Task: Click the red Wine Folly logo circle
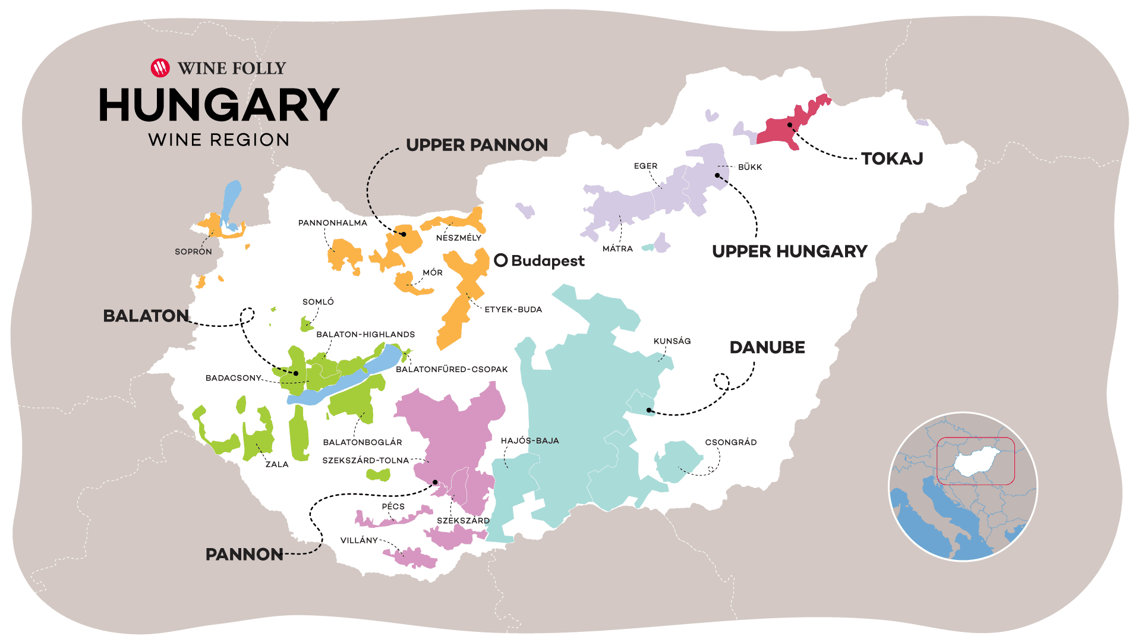[x=160, y=68]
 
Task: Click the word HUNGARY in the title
[x=219, y=105]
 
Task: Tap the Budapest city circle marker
[x=501, y=260]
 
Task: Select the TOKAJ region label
[x=891, y=159]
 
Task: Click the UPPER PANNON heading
[x=477, y=145]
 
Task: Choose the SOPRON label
[x=193, y=251]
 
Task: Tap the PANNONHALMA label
[x=332, y=223]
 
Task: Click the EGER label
[x=645, y=166]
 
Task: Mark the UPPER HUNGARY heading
[x=789, y=251]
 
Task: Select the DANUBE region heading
[x=767, y=348]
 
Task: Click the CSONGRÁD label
[x=730, y=442]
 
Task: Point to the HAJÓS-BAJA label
[x=529, y=440]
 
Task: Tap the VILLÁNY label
[x=359, y=540]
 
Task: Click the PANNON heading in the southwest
[x=244, y=555]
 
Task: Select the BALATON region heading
[x=146, y=316]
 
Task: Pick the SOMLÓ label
[x=318, y=302]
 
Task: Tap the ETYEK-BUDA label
[x=513, y=310]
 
